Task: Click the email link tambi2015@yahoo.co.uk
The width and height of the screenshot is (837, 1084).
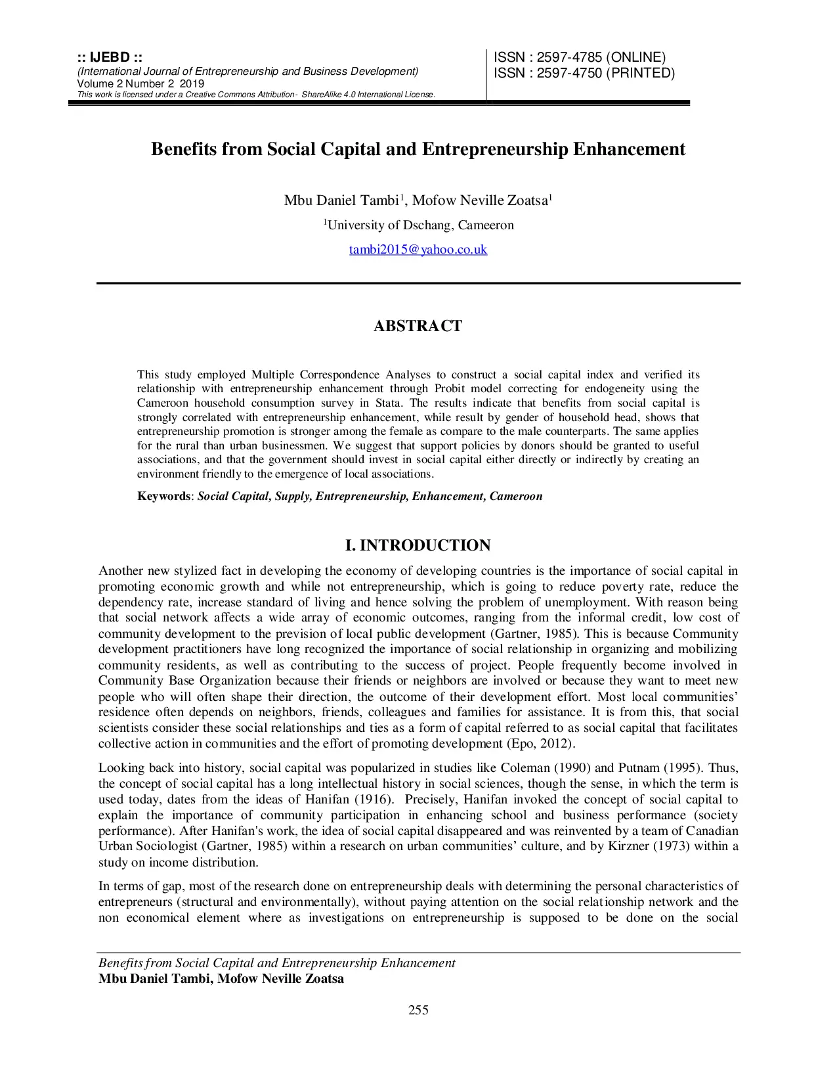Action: (x=418, y=250)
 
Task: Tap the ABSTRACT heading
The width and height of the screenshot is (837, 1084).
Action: (x=418, y=326)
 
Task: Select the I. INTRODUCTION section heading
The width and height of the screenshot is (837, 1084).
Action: (x=418, y=545)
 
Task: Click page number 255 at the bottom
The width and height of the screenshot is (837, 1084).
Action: (x=418, y=1010)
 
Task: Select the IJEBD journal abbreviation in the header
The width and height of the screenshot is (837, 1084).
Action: (x=110, y=58)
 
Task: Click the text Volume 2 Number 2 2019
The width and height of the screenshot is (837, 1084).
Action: (x=140, y=83)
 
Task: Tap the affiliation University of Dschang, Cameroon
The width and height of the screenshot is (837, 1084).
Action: (x=420, y=225)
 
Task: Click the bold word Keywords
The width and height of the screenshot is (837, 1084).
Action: (x=163, y=496)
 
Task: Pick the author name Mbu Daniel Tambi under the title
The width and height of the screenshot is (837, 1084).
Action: (x=341, y=200)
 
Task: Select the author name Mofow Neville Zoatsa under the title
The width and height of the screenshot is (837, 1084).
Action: (x=479, y=200)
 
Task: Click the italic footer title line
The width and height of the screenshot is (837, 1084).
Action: (x=276, y=963)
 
